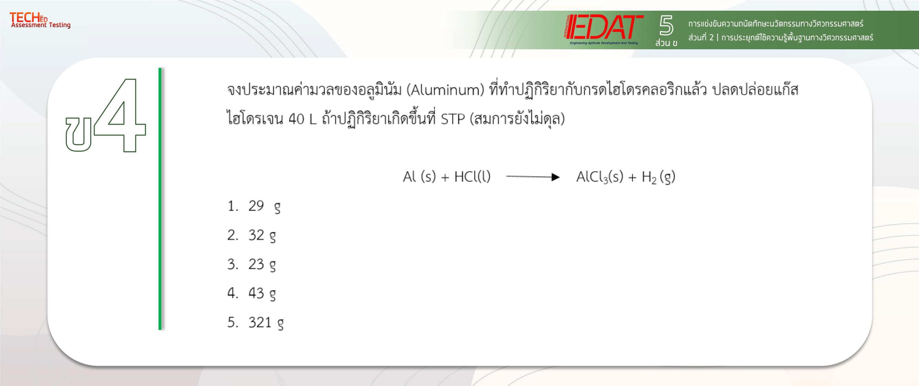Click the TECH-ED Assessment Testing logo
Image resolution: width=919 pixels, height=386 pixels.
[x=40, y=20]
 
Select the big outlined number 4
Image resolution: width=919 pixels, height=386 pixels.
[x=120, y=115]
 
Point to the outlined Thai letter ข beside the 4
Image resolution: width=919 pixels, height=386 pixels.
[x=79, y=134]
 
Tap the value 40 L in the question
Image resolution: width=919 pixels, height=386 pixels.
[x=302, y=119]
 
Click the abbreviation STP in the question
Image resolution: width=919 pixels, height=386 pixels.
[x=453, y=119]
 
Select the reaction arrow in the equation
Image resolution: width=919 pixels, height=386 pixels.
[x=533, y=177]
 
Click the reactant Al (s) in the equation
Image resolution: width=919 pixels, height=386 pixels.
[x=420, y=176]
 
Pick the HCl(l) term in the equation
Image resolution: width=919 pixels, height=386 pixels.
[x=472, y=176]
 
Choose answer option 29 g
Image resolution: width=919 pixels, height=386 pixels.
[x=264, y=206]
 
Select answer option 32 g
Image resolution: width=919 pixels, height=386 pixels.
[x=262, y=236]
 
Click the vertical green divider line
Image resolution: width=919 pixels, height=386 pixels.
[x=160, y=199]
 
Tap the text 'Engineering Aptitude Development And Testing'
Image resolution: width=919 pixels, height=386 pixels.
[x=604, y=43]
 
